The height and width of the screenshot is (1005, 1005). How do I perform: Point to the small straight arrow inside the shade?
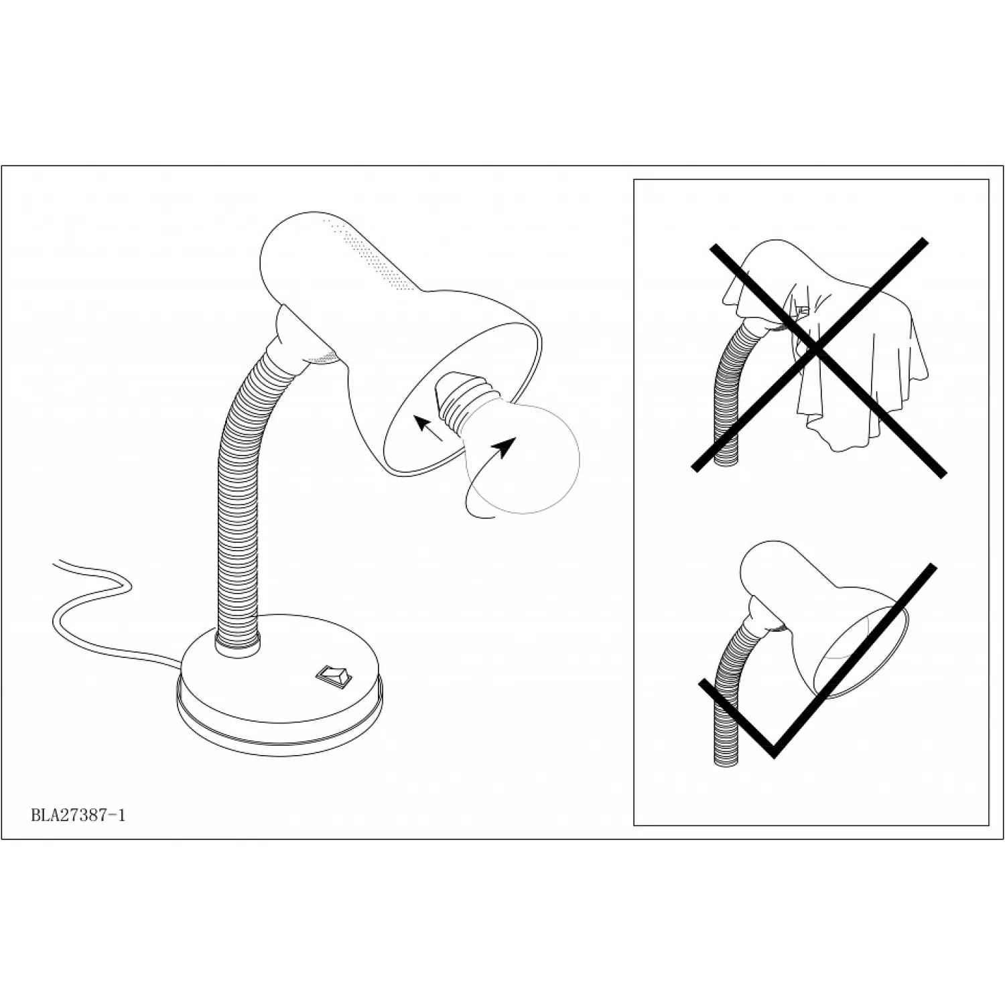coord(428,427)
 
